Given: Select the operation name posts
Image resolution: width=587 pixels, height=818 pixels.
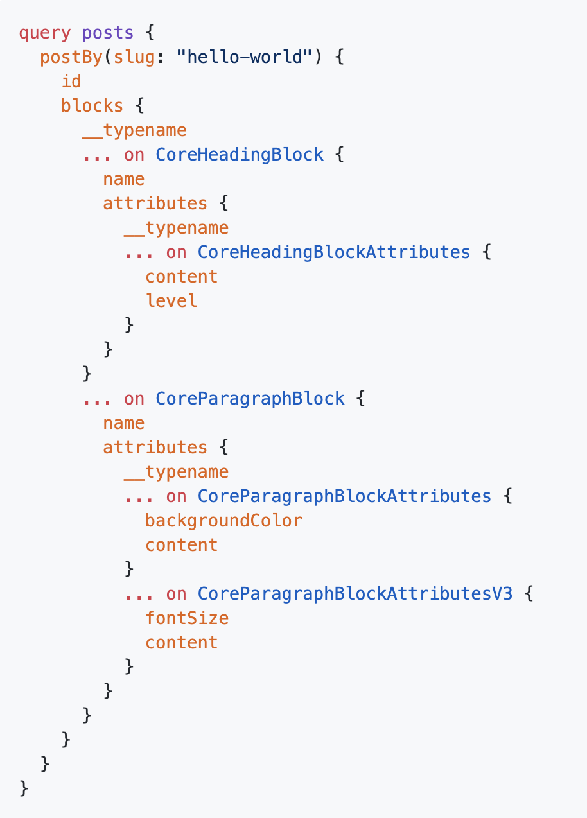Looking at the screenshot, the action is [108, 33].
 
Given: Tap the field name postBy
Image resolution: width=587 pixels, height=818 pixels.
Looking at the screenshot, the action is [71, 57].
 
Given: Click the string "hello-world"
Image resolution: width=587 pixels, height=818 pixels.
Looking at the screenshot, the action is [244, 57].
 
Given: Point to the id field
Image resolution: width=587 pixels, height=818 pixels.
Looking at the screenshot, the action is [71, 82].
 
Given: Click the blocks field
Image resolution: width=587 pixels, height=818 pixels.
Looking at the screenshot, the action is [92, 106].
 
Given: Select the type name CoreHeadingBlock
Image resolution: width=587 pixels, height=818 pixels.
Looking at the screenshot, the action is [240, 155].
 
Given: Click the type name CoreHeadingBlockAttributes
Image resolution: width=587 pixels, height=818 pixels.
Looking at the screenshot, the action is [334, 252].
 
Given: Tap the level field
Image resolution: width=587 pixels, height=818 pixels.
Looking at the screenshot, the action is [171, 301].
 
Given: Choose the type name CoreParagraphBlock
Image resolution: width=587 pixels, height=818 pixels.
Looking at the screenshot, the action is [250, 399].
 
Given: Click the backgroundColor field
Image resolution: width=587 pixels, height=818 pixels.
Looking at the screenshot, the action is [223, 521].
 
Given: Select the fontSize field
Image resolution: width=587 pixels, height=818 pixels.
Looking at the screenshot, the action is [187, 618].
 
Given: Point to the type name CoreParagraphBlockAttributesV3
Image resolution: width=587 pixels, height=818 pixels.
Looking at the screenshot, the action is [355, 594].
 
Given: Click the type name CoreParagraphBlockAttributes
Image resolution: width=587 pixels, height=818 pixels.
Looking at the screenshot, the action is [344, 496].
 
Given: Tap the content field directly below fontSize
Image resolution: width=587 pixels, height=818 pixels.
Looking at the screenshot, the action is [182, 643].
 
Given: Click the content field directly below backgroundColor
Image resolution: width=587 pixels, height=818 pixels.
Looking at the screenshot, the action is [182, 545].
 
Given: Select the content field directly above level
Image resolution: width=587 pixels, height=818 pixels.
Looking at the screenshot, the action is [182, 277].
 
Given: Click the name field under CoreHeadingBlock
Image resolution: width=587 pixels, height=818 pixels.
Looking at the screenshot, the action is [124, 179].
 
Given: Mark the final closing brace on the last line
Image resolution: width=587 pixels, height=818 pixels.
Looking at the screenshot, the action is [24, 788].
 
